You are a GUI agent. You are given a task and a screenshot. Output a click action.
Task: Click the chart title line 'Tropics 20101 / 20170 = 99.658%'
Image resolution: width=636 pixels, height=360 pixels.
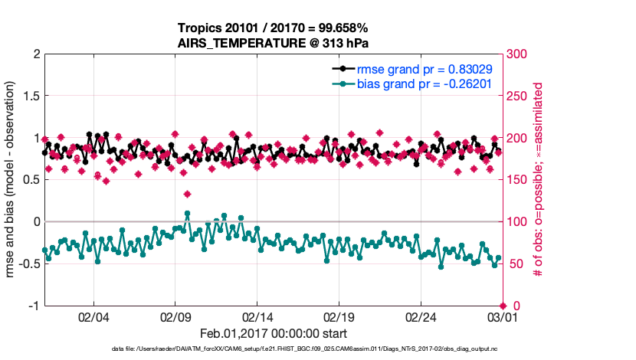coord(274,28)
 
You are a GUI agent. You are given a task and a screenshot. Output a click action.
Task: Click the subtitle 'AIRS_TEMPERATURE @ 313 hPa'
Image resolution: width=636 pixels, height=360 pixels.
coord(274,42)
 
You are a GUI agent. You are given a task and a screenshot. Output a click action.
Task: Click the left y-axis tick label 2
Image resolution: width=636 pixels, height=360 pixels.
coord(36,54)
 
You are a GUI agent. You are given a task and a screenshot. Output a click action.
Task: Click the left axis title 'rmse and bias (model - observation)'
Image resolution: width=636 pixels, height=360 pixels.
coord(11,180)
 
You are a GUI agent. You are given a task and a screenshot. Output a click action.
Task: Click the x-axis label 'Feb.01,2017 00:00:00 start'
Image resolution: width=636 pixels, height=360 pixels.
coord(274,334)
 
